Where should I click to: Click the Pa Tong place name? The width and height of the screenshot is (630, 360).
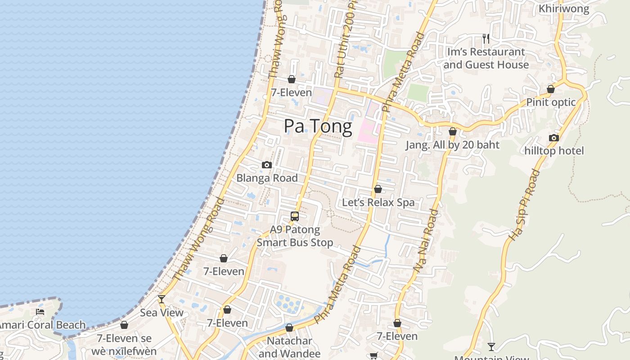click(x=318, y=126)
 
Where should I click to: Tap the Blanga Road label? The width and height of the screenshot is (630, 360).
click(x=267, y=178)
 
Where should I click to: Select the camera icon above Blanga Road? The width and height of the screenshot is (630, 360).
click(x=267, y=165)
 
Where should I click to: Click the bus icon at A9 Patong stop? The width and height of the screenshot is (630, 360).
click(x=295, y=216)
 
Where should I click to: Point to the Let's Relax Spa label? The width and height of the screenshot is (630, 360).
click(x=378, y=202)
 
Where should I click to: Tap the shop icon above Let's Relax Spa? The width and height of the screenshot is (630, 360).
click(x=378, y=189)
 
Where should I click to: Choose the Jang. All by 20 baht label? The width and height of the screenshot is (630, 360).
click(x=452, y=145)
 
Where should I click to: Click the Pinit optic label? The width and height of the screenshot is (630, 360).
click(x=551, y=102)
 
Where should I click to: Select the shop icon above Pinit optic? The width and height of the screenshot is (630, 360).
click(x=551, y=89)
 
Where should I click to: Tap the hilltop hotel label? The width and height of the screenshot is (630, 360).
click(x=554, y=151)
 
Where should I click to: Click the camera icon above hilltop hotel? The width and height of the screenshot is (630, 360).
click(x=554, y=138)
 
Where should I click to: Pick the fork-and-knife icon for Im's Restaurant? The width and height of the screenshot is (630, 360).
click(x=486, y=38)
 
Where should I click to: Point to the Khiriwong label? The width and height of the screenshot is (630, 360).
click(x=563, y=9)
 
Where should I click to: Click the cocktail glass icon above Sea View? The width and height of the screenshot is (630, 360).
click(x=162, y=299)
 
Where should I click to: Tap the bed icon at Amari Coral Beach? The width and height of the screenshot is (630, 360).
click(x=40, y=311)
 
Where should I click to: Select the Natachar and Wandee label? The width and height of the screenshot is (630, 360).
click(x=289, y=347)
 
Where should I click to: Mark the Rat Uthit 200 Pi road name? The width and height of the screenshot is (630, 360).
click(x=345, y=40)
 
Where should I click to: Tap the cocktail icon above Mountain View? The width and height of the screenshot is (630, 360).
click(x=491, y=347)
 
